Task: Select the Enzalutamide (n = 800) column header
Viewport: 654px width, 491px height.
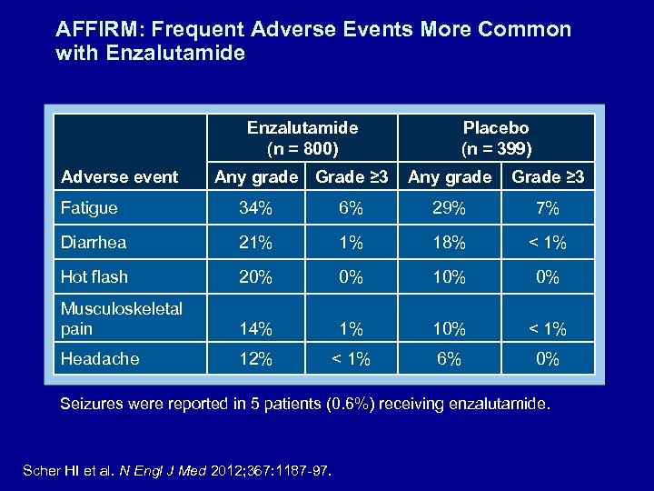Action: pos(302,138)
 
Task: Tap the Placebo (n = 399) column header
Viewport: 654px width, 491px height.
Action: pos(496,138)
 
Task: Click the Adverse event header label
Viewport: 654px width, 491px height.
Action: pos(119,177)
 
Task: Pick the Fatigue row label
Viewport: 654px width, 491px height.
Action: pos(89,208)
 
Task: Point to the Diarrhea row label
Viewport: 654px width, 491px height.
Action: pos(94,243)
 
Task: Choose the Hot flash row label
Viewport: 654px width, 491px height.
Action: pos(94,276)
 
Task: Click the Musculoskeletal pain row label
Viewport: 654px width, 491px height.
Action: pos(121,318)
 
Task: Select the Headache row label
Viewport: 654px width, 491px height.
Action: pos(100,358)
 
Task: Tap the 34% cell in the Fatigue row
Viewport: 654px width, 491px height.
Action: pos(255,208)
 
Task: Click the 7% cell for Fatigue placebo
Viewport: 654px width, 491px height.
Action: pos(547,208)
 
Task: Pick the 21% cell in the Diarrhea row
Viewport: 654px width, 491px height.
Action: pos(255,243)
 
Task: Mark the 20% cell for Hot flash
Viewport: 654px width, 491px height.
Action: pos(255,276)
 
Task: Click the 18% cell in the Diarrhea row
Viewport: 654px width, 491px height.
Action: pos(450,243)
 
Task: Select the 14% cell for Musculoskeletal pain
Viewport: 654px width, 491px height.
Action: pos(255,329)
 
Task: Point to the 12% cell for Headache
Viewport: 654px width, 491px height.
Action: pos(255,359)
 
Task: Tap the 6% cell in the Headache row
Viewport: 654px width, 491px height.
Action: pos(450,359)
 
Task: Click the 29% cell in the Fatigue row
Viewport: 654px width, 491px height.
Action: pos(450,208)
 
